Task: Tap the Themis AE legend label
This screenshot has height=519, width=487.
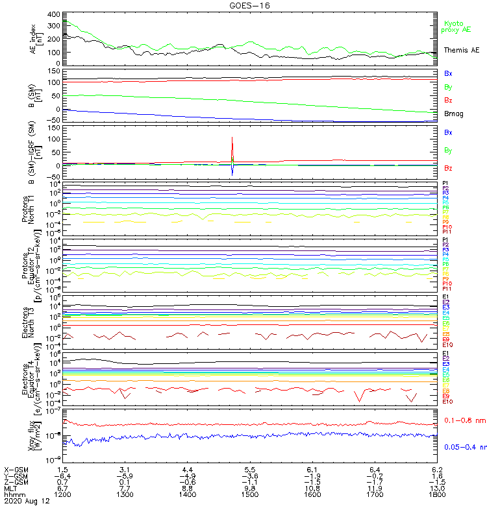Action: [x=461, y=50]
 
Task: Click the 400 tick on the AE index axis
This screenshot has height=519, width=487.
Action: [x=54, y=14]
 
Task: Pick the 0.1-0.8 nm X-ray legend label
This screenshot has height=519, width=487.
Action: [x=464, y=421]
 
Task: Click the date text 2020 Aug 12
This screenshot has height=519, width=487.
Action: [x=27, y=501]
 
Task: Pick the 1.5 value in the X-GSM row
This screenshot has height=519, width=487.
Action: [x=63, y=469]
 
